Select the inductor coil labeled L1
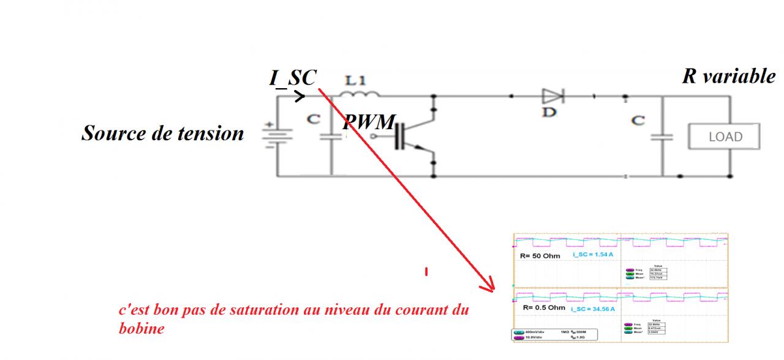[359, 94]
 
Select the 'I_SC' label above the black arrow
[293, 78]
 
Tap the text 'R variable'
[728, 77]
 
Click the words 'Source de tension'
[162, 133]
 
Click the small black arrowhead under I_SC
[300, 96]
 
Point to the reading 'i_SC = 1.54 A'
[592, 253]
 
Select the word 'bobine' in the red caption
[141, 328]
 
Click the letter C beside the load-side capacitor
[638, 121]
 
